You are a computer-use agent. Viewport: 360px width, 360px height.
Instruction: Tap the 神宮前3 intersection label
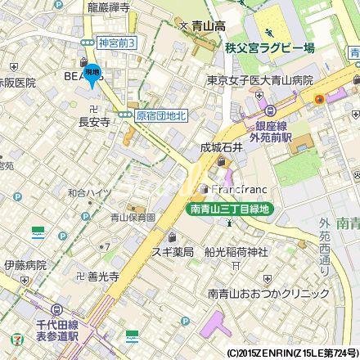click(x=116, y=42)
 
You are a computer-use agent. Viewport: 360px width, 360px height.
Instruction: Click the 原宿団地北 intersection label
click(x=161, y=116)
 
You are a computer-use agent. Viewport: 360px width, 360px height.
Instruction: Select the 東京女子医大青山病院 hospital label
click(x=267, y=81)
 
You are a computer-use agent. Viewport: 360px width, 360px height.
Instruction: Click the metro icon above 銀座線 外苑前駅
click(x=267, y=110)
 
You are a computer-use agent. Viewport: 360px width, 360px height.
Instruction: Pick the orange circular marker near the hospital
click(x=317, y=100)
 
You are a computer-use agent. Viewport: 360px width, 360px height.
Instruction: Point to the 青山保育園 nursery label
click(x=133, y=218)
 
